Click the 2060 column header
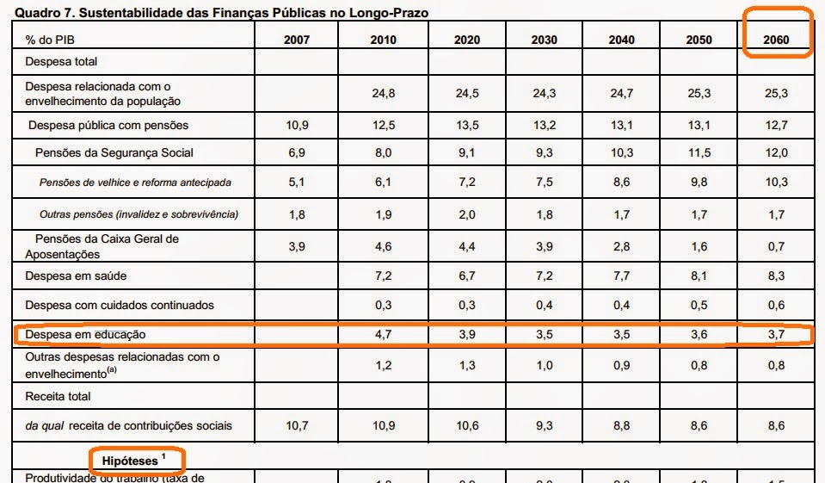pyautogui.click(x=775, y=40)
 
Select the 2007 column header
pyautogui.click(x=295, y=40)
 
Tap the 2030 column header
pyautogui.click(x=544, y=40)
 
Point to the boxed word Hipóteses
pyautogui.click(x=131, y=461)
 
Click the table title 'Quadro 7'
pyautogui.click(x=219, y=13)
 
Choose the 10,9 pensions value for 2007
pyautogui.click(x=297, y=125)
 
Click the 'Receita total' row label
pyautogui.click(x=58, y=396)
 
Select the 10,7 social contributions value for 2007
pyautogui.click(x=297, y=425)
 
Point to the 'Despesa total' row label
pyautogui.click(x=62, y=62)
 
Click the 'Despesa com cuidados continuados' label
pyautogui.click(x=120, y=305)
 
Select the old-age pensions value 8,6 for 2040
pyautogui.click(x=621, y=183)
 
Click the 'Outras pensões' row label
pyautogui.click(x=139, y=214)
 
